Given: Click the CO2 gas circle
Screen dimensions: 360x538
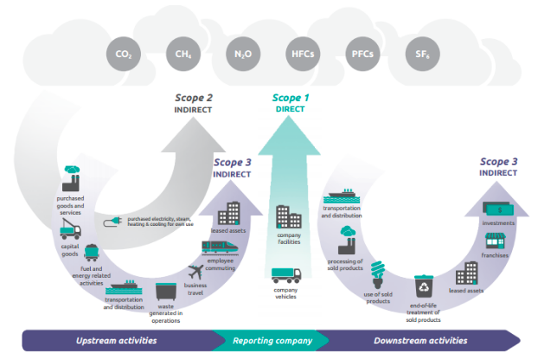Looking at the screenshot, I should [x=124, y=55].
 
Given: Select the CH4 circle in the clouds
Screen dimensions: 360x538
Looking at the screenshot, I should [x=183, y=55].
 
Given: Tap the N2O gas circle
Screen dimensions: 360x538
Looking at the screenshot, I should [x=241, y=55].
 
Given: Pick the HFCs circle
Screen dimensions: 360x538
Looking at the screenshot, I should [x=302, y=55].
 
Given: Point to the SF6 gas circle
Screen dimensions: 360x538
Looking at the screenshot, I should [x=421, y=55].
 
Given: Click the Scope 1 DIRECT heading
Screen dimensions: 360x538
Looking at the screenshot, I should [x=291, y=104].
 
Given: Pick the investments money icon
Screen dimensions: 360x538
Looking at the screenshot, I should [x=498, y=209].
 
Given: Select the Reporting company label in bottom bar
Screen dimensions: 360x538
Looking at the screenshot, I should [x=272, y=341].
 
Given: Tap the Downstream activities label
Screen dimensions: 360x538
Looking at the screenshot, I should [x=420, y=341].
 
